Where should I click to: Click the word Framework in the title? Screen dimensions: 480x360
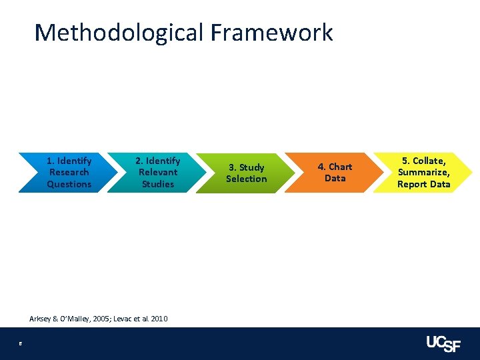tap(272, 32)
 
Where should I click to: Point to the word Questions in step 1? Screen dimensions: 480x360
tap(69, 184)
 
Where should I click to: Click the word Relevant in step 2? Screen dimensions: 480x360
tap(158, 173)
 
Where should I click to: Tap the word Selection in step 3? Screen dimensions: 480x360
tap(246, 179)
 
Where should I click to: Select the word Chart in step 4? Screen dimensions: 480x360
tap(339, 167)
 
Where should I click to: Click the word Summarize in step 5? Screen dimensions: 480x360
tap(423, 173)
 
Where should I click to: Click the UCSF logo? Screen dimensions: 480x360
tap(443, 343)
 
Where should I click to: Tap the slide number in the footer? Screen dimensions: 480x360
tap(21, 344)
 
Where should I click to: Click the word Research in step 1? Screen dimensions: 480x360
tap(69, 173)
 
